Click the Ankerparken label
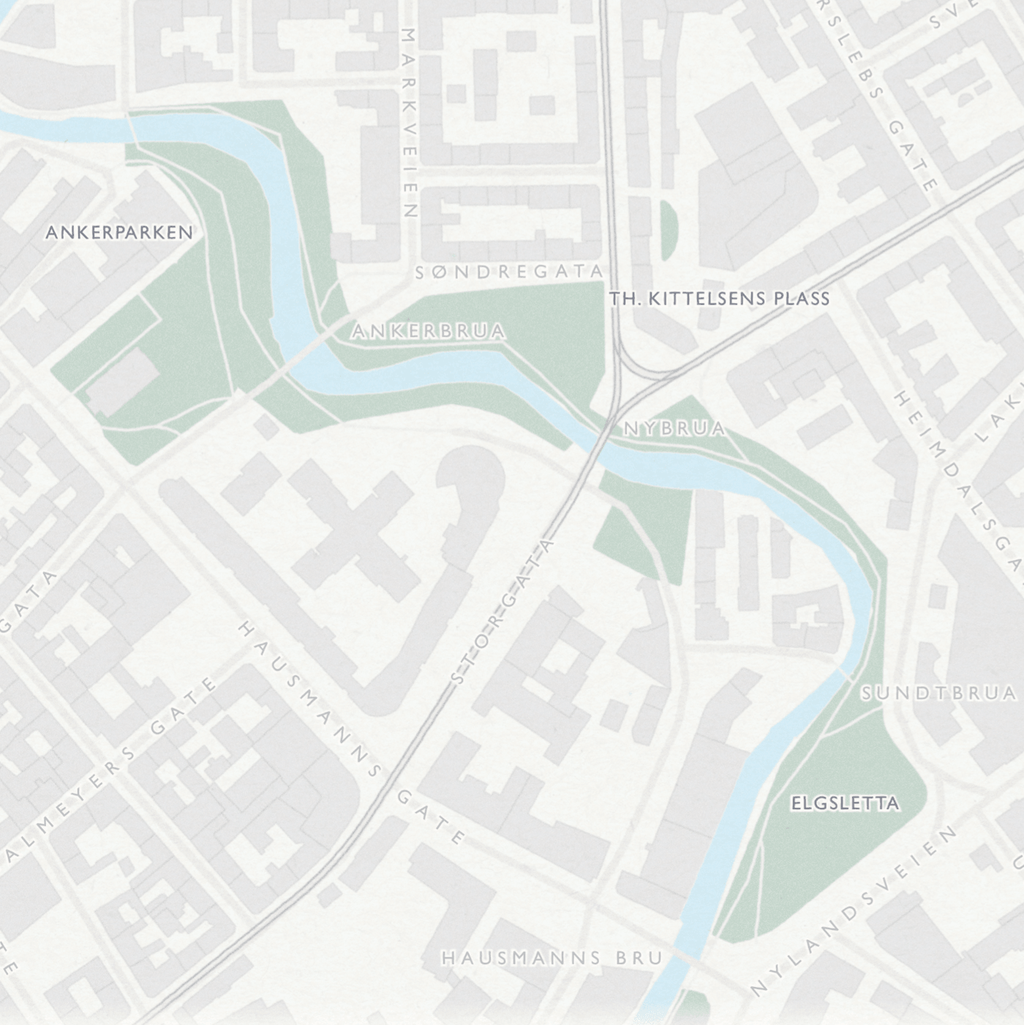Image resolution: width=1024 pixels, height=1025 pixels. (119, 232)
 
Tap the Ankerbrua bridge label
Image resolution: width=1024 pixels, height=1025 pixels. (428, 331)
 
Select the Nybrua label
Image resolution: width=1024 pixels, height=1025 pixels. (674, 428)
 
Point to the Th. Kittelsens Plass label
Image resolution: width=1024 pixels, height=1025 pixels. (720, 298)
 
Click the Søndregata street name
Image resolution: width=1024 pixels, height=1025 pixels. (509, 272)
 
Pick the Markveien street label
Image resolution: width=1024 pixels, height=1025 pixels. (409, 123)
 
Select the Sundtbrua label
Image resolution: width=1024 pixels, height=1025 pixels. (938, 692)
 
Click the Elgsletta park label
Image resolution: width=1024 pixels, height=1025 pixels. (845, 803)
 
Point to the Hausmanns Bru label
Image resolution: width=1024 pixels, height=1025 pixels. (552, 957)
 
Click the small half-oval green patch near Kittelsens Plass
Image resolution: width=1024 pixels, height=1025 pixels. (668, 230)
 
